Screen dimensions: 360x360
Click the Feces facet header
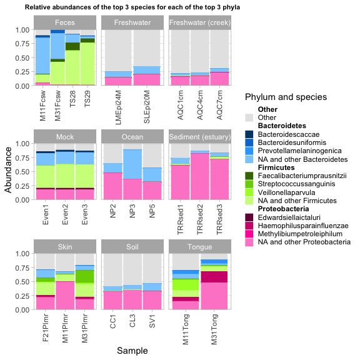point(65,22)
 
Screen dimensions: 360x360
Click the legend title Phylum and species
point(286,97)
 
